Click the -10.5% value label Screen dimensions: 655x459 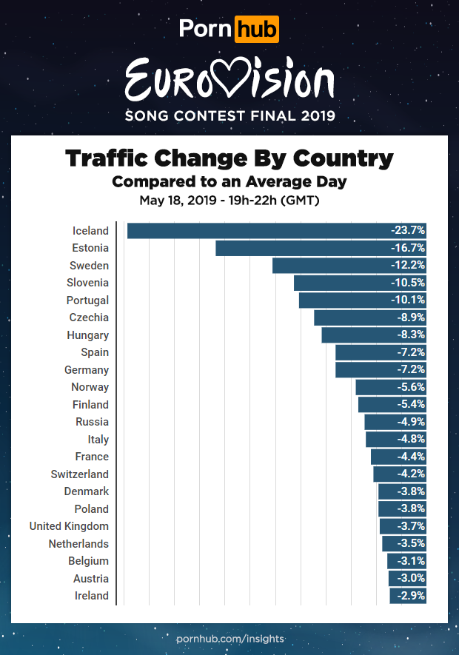[408, 283]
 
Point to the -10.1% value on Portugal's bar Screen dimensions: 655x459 [408, 300]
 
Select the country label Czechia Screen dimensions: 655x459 [89, 318]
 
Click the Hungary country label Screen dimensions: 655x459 [87, 335]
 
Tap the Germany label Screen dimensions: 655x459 [87, 370]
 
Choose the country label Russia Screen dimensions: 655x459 [92, 422]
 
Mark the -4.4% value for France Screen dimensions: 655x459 [411, 457]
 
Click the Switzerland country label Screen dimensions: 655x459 [79, 474]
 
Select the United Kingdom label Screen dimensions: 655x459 [69, 526]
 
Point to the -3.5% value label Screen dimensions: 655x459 [411, 544]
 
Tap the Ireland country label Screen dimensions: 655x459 [91, 596]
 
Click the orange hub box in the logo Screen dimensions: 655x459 [256, 30]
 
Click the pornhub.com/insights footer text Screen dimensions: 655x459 [229, 638]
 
